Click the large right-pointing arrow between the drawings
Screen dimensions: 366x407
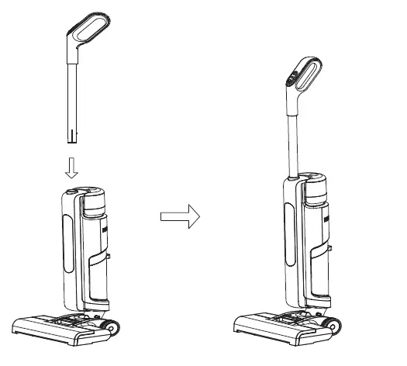pyautogui.click(x=179, y=216)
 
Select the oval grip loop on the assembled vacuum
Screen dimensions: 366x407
pyautogui.click(x=309, y=78)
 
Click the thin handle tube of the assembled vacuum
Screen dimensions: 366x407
pyautogui.click(x=293, y=140)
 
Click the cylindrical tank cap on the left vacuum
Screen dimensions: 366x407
pyautogui.click(x=94, y=202)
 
